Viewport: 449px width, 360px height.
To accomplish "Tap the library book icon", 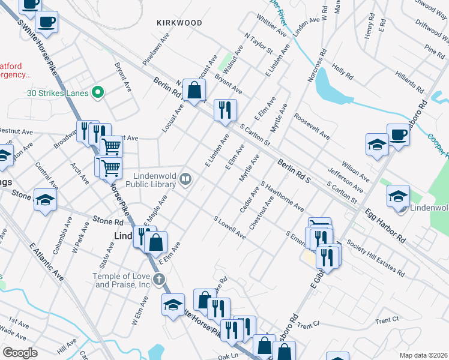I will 186,178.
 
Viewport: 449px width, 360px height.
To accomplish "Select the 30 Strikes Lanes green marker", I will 100,93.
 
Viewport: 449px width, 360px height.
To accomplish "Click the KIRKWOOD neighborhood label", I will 179,23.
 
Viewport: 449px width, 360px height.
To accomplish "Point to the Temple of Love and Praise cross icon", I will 158,278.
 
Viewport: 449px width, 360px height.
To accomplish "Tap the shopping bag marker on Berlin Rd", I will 194,91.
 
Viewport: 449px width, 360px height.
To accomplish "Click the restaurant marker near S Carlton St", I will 225,110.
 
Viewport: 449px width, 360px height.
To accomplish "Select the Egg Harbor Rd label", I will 384,224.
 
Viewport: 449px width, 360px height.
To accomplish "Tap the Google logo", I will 20,353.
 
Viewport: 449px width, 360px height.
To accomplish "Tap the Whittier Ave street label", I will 272,23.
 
